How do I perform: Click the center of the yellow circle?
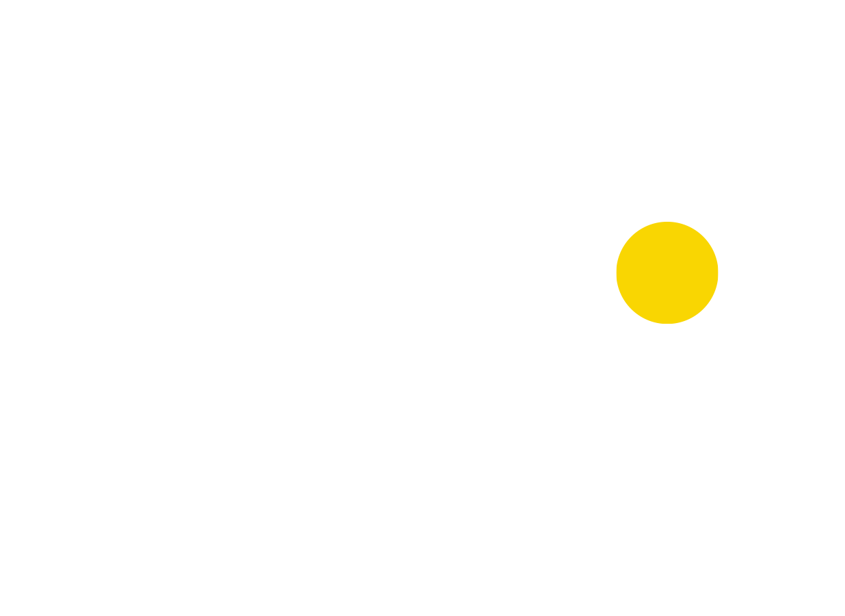(667, 272)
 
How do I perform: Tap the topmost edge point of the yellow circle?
(667, 222)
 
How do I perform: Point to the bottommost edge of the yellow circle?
(667, 324)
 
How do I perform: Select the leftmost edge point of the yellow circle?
(616, 272)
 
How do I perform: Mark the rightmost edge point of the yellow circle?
(719, 272)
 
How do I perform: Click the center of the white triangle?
(765, 120)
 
